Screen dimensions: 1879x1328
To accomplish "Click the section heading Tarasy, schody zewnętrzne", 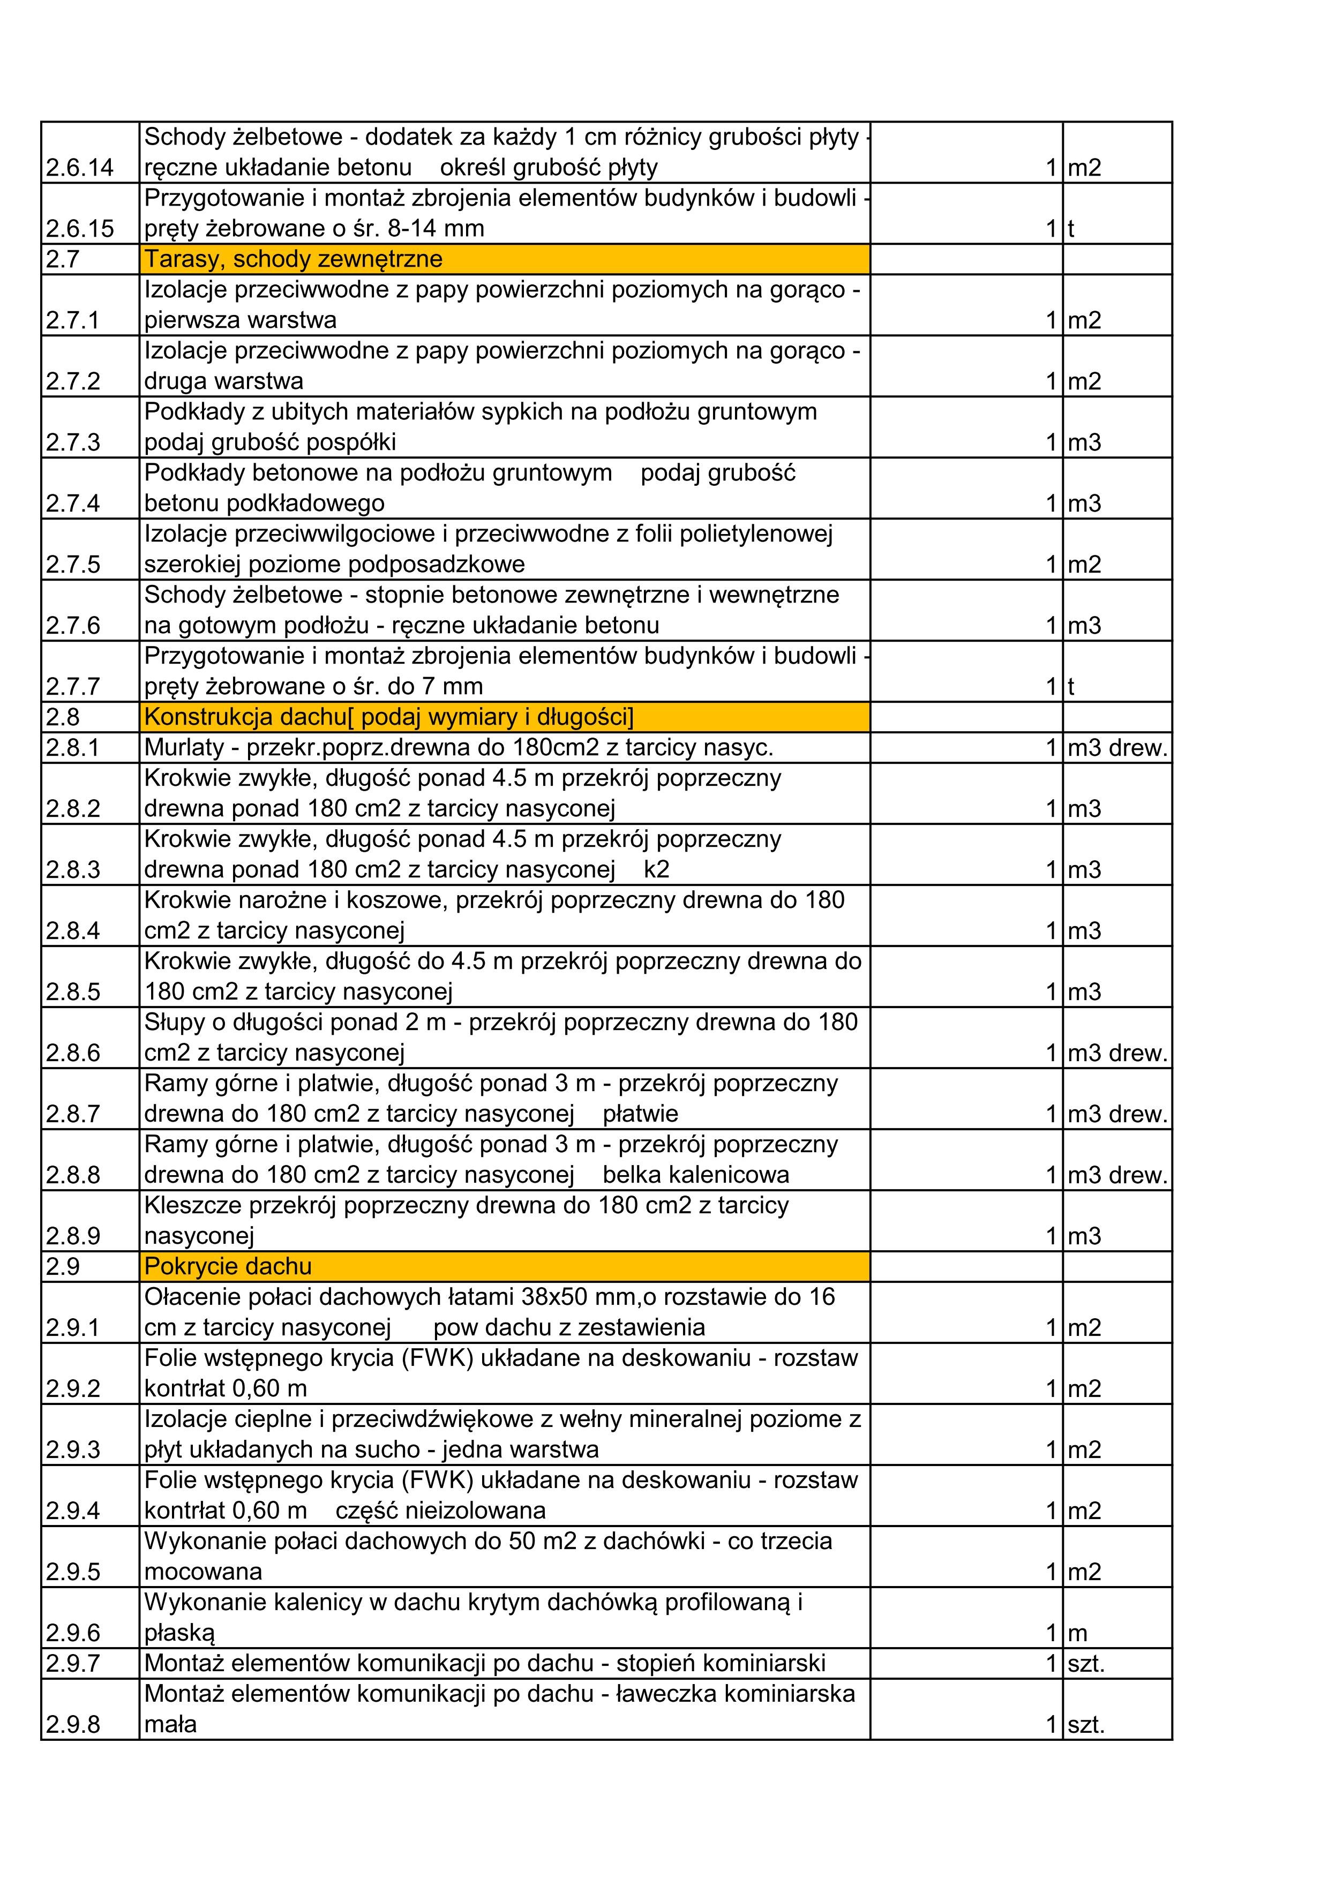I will tap(293, 259).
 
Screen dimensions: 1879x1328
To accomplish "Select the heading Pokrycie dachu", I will tap(228, 1266).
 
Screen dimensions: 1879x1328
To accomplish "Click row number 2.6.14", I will tap(79, 168).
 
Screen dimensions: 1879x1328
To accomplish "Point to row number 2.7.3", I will tap(73, 443).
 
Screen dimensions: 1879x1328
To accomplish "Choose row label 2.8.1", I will tap(73, 748).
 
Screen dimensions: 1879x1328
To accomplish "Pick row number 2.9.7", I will tap(73, 1663).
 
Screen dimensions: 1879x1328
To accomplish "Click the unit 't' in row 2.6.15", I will tap(1070, 229).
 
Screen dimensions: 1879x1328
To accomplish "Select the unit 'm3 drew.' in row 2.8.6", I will tap(1117, 1053).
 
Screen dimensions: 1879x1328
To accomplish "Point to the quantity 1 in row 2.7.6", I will tap(1052, 626).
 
